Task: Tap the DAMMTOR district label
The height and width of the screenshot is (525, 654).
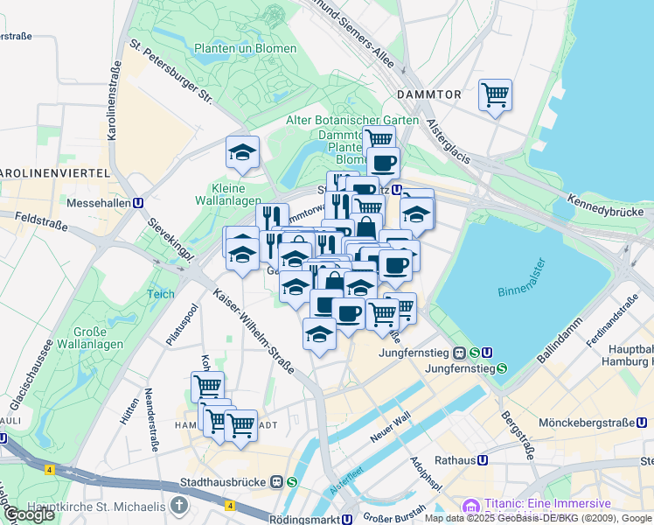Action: (x=428, y=94)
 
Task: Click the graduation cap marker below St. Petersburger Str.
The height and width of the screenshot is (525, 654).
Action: (x=242, y=153)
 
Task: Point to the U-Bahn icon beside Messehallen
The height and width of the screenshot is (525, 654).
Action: (x=138, y=201)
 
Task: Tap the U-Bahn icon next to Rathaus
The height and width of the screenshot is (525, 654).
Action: (x=483, y=459)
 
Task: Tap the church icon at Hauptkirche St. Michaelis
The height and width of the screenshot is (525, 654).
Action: (x=179, y=506)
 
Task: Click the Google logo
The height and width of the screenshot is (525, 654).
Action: (x=29, y=514)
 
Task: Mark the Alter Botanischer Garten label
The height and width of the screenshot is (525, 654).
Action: (x=352, y=120)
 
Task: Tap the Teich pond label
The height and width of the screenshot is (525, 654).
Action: (x=160, y=295)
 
